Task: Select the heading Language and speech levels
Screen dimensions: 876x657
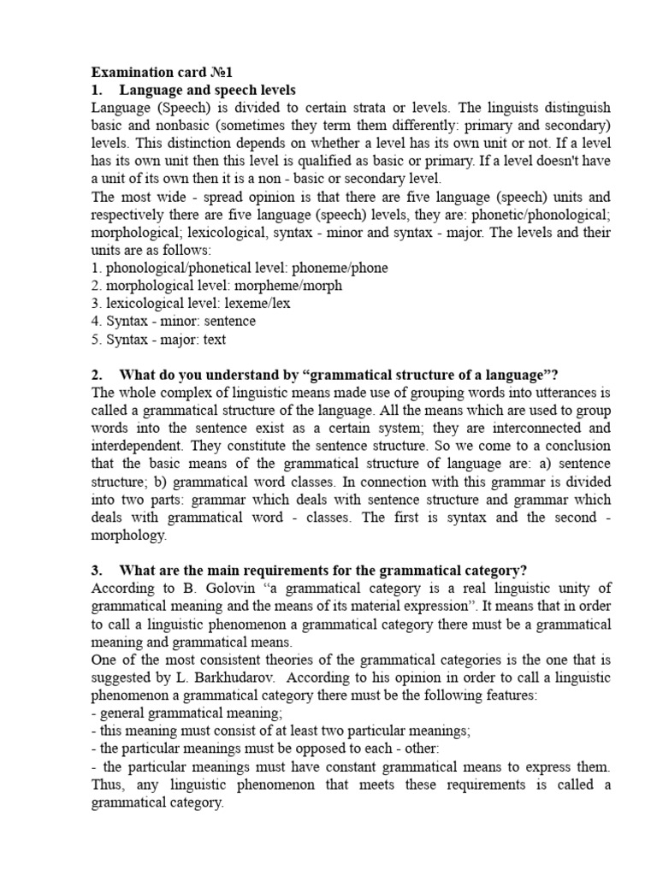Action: click(207, 89)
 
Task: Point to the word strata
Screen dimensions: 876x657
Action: click(369, 107)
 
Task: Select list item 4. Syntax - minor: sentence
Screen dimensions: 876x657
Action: click(173, 321)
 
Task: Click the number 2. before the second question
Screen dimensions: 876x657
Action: click(97, 374)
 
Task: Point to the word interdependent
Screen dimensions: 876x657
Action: click(140, 446)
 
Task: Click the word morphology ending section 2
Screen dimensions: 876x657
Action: click(129, 535)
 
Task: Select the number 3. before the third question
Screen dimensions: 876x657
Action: click(97, 571)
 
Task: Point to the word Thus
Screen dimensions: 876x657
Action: click(108, 784)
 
